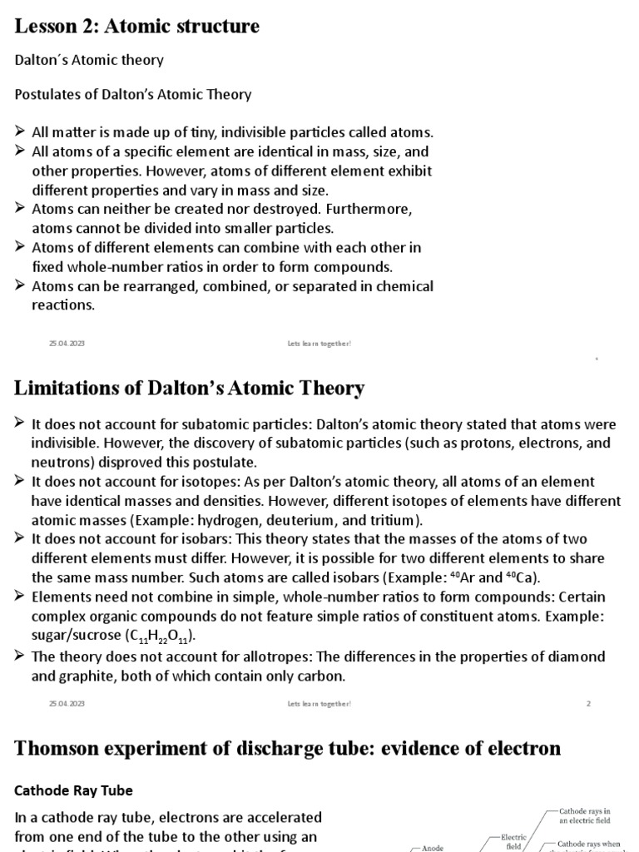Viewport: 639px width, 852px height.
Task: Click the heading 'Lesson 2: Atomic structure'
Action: point(137,27)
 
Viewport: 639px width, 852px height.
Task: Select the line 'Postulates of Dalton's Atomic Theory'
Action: point(133,94)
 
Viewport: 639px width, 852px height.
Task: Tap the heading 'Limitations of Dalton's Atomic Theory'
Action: point(190,388)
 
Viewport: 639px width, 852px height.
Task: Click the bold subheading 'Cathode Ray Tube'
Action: point(74,790)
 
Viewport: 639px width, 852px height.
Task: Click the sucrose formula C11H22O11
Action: point(161,637)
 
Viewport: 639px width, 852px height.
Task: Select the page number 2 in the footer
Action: point(588,703)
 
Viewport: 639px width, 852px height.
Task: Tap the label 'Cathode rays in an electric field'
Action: point(584,815)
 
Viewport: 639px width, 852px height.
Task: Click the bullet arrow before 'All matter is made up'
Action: point(21,132)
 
